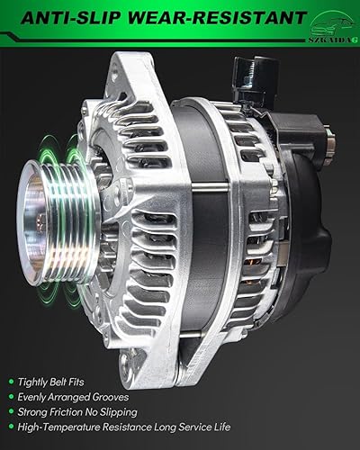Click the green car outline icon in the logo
coord(328,15)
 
